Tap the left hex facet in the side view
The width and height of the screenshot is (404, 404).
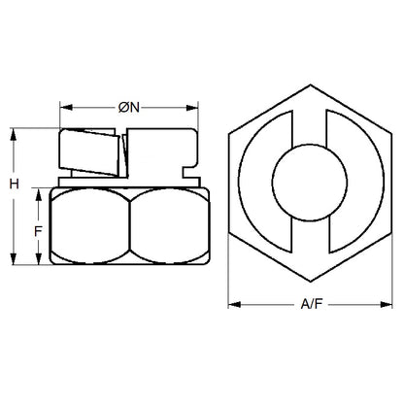[89, 227]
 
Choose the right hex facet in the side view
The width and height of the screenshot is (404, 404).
[165, 227]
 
